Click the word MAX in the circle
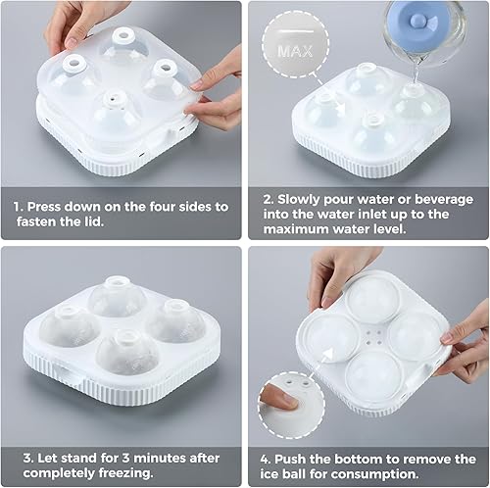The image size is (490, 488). [x=289, y=48]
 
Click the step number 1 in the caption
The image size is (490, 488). [x=18, y=207]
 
